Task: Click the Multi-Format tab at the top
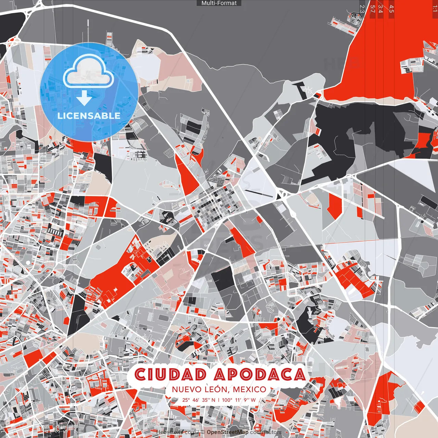pos(219,3)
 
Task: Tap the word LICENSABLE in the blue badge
pos(89,116)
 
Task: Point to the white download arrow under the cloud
pos(84,98)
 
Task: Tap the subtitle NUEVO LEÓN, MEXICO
pos(219,389)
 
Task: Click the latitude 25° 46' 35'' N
pos(199,400)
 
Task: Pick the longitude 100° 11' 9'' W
pos(239,400)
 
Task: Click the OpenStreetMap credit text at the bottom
pos(227,432)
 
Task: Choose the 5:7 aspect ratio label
pos(373,9)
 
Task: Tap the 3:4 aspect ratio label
pos(381,9)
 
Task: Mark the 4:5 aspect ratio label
pos(391,9)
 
